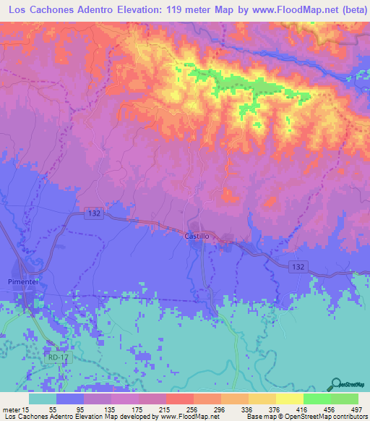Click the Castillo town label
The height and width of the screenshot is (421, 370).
click(197, 236)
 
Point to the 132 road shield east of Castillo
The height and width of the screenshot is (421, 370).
click(298, 266)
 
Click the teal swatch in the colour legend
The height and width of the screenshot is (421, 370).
click(43, 399)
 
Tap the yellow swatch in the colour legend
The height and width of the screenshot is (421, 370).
click(288, 399)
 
